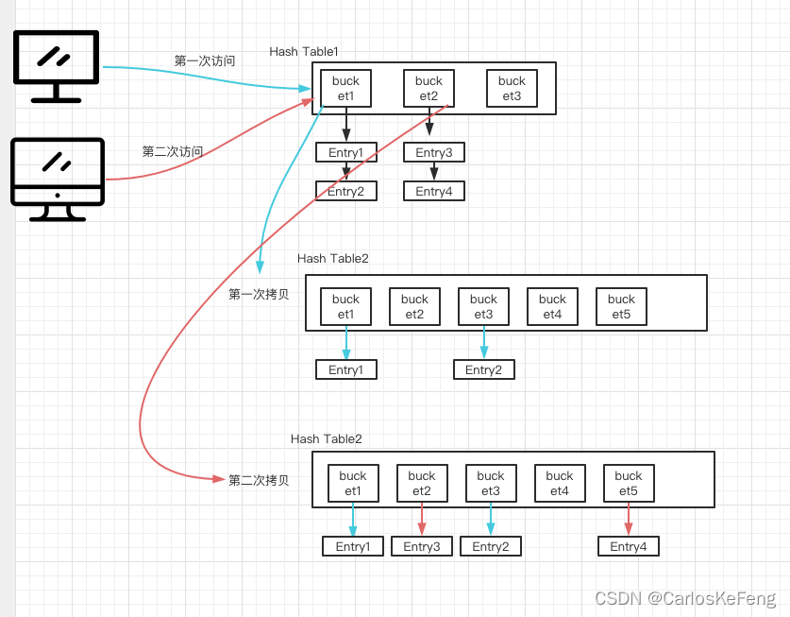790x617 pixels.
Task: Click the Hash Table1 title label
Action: coord(304,51)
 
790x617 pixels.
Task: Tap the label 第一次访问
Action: coord(205,60)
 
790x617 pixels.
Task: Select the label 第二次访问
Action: coord(172,151)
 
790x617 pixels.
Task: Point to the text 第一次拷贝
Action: coord(259,294)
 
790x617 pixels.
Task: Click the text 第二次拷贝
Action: coord(259,480)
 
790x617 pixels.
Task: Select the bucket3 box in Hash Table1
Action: coord(512,89)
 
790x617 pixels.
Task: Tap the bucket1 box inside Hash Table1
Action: coord(345,89)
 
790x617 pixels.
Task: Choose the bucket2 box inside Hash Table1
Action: coord(429,89)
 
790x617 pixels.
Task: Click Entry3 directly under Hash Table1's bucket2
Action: coord(434,153)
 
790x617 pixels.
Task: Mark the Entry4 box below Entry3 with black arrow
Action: coord(434,192)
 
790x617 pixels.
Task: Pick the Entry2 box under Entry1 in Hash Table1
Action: coord(345,192)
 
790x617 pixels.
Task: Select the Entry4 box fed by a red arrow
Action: coord(628,546)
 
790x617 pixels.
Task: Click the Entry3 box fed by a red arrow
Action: coord(422,546)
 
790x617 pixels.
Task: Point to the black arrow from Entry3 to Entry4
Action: coord(434,172)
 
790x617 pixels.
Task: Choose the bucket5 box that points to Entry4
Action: coord(629,484)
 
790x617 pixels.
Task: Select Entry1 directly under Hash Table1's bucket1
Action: coord(345,153)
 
